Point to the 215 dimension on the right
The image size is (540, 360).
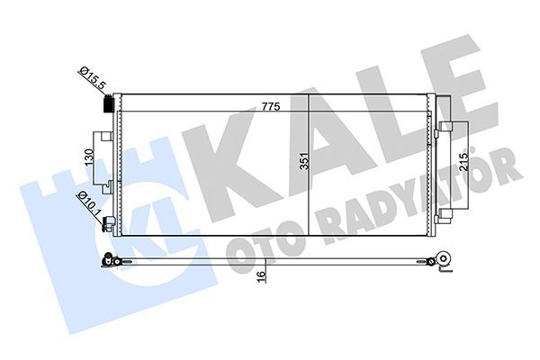coord(464,166)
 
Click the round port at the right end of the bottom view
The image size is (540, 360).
coord(441,261)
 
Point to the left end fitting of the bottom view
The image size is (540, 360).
coord(109,262)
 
